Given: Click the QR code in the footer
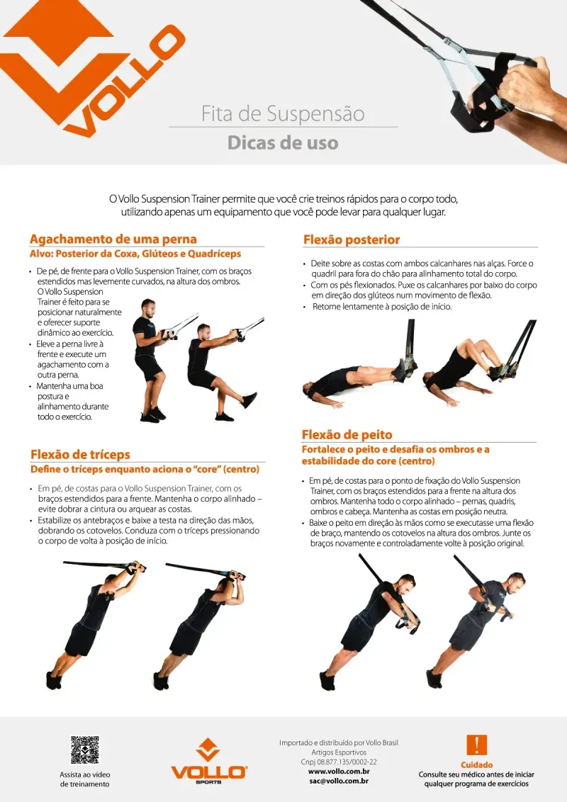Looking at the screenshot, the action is click(84, 750).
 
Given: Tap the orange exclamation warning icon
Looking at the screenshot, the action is click(476, 745).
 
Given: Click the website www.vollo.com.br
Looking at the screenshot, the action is click(339, 772).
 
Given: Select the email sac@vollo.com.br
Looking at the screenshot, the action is click(339, 781).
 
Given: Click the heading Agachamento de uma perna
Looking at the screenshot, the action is click(113, 239).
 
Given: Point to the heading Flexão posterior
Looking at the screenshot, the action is click(352, 239).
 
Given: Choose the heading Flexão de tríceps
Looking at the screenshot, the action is click(80, 454).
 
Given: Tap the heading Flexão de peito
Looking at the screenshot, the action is click(347, 435).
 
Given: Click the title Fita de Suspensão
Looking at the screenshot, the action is click(283, 113).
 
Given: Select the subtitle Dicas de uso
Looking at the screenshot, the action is click(283, 142).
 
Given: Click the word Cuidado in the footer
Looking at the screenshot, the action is click(476, 764).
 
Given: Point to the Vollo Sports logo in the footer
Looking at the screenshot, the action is click(209, 761).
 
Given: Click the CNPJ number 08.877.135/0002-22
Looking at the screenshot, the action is click(338, 762).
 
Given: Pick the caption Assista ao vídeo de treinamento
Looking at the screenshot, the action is click(85, 779).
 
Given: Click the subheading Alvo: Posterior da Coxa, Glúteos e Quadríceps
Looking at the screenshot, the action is click(135, 254).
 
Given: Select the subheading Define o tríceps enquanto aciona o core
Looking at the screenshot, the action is click(145, 469).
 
